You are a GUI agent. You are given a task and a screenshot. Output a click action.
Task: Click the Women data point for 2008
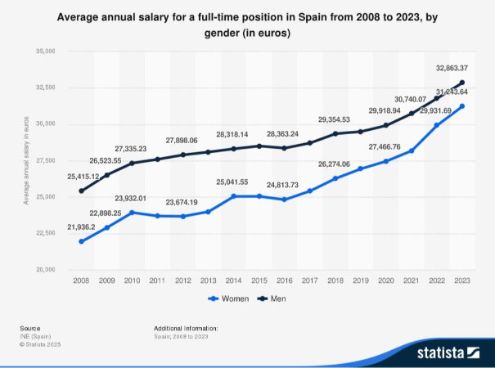[x=82, y=241]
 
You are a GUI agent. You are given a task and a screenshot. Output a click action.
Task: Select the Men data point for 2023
[x=462, y=83]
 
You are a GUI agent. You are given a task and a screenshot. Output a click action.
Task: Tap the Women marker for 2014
[x=234, y=196]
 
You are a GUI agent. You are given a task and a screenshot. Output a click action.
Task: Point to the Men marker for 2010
[x=133, y=163]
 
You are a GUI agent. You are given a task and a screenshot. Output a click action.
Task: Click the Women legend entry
[x=231, y=298]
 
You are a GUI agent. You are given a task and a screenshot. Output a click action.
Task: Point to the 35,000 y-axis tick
[x=42, y=51]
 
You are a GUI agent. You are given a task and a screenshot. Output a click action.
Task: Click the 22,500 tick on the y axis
[x=42, y=233]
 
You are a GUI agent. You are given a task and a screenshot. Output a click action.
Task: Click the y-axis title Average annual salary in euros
[x=26, y=160]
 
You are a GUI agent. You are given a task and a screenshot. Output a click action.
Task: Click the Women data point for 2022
[x=437, y=125]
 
